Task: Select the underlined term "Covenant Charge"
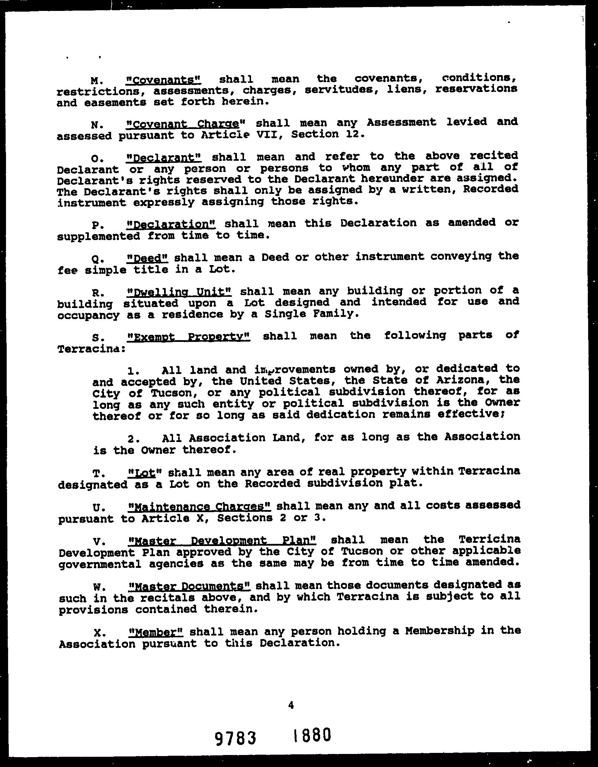point(185,124)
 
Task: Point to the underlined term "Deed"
point(147,258)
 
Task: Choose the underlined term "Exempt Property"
point(188,337)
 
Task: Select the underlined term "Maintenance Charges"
point(200,507)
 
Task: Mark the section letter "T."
point(97,473)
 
